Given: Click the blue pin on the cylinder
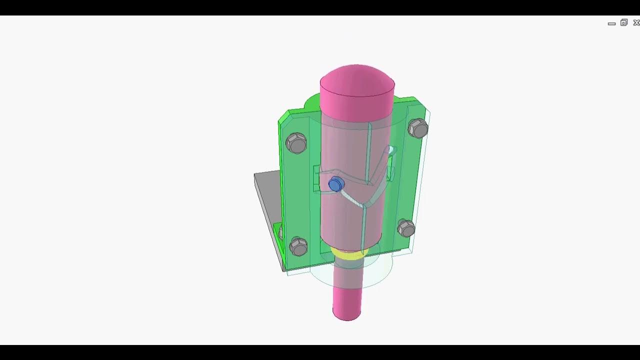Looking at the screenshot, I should (x=336, y=185).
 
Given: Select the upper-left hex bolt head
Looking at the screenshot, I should (x=296, y=143).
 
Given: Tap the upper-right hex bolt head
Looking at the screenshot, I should (x=418, y=128).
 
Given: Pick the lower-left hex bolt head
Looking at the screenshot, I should (x=298, y=246).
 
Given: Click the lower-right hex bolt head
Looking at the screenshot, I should (x=406, y=228).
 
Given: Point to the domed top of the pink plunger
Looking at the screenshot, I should (x=357, y=77).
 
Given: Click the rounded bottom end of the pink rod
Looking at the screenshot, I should (x=346, y=314).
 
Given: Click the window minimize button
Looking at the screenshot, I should (x=611, y=23).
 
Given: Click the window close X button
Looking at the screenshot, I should (x=636, y=22).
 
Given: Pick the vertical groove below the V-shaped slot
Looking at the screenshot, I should (x=365, y=227).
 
